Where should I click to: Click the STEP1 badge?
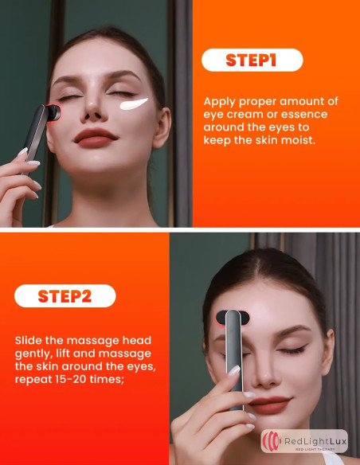[252, 61]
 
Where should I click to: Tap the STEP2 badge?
[65, 296]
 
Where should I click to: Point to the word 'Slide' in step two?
[30, 340]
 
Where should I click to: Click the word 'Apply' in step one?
[221, 101]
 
